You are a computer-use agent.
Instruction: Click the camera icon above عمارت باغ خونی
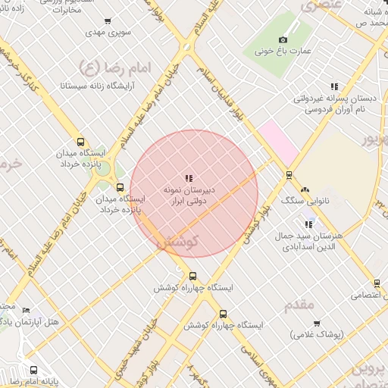pyautogui.click(x=283, y=39)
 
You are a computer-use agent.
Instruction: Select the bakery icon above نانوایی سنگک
pyautogui.click(x=305, y=189)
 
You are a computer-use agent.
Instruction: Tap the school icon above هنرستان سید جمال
pyautogui.click(x=308, y=224)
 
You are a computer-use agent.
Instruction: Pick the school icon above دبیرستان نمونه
pyautogui.click(x=189, y=177)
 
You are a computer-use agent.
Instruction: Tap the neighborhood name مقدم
pyautogui.click(x=299, y=305)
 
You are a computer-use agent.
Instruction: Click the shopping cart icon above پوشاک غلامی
pyautogui.click(x=316, y=323)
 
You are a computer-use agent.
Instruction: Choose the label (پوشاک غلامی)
pyautogui.click(x=316, y=334)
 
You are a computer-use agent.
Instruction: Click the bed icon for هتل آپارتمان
pyautogui.click(x=27, y=310)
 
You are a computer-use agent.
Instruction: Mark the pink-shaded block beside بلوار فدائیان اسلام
pyautogui.click(x=277, y=141)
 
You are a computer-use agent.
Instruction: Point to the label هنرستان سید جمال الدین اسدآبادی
pyautogui.click(x=312, y=241)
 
